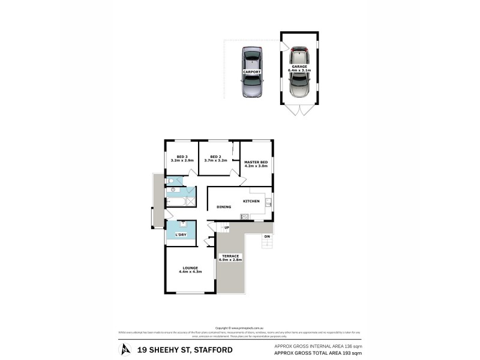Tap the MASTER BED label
pyautogui.click(x=256, y=163)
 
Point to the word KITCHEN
pyautogui.click(x=251, y=201)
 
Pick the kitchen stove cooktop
pyautogui.click(x=245, y=216)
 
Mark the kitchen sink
pyautogui.click(x=269, y=203)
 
